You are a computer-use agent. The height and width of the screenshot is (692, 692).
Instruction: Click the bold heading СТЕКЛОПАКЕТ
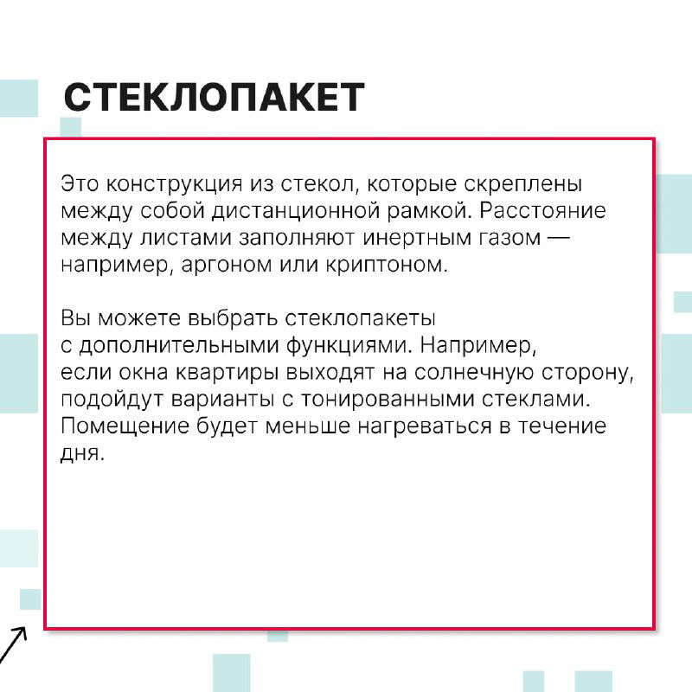pos(214,98)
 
